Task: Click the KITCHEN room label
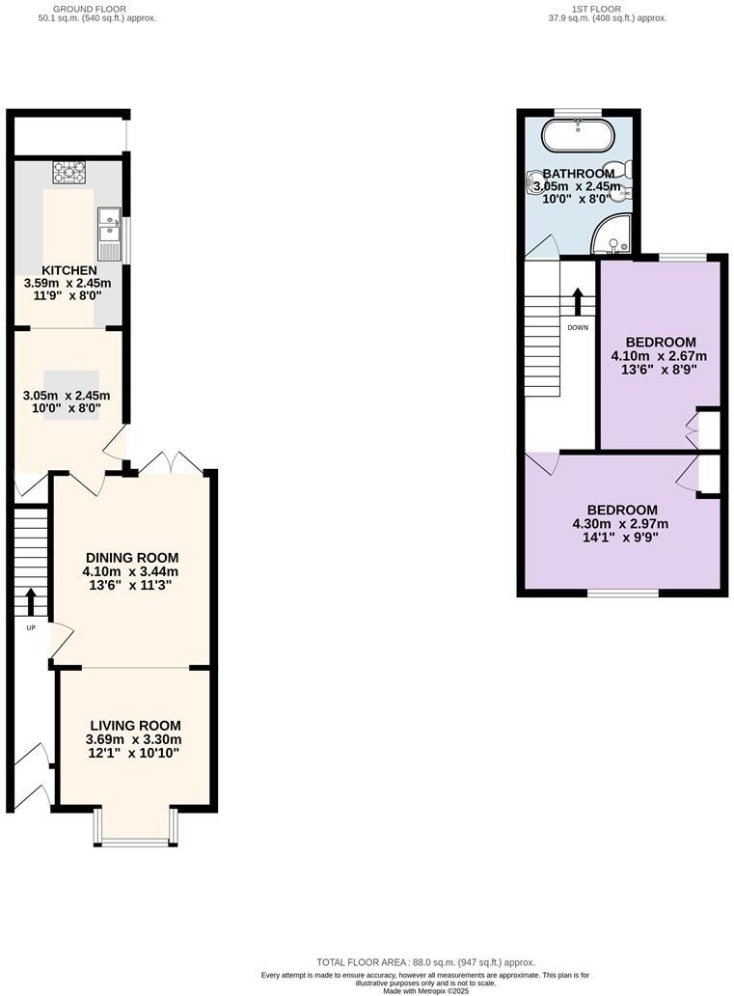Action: click(x=68, y=269)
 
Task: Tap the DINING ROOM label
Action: click(x=132, y=558)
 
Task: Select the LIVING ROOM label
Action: click(x=135, y=726)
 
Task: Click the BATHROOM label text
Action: click(x=579, y=173)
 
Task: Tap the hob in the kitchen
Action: click(x=69, y=172)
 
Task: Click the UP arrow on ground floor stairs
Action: click(x=30, y=601)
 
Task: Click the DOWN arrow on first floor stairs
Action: click(x=578, y=301)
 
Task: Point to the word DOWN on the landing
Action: click(x=578, y=327)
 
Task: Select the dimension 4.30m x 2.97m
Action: click(x=622, y=524)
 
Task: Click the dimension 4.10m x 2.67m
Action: click(x=661, y=355)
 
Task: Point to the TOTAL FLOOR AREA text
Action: click(x=425, y=962)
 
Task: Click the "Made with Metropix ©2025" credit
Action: click(x=425, y=990)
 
